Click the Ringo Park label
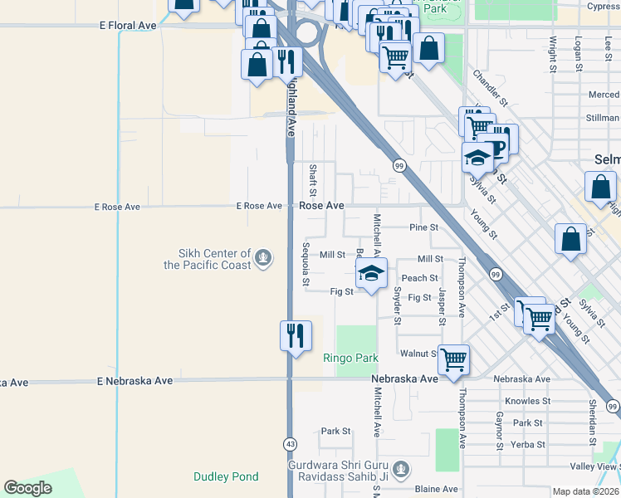(350, 359)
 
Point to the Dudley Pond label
(226, 476)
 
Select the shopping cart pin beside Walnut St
(453, 360)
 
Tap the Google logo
(27, 488)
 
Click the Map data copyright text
(585, 491)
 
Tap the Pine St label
(423, 227)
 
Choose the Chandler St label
(490, 88)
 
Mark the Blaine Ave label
(437, 489)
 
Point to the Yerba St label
(528, 444)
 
